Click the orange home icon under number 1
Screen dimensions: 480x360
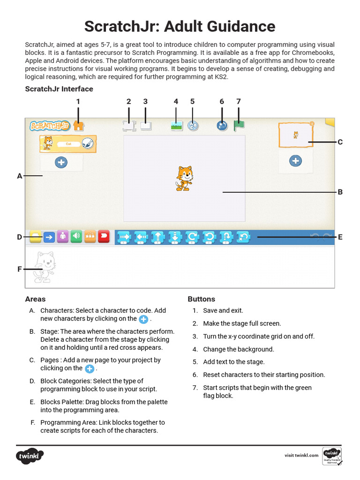79,126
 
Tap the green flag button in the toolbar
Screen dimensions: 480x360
239,125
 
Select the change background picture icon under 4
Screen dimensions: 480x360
176,125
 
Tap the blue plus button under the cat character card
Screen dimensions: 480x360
61,162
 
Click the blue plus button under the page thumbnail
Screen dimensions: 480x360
295,161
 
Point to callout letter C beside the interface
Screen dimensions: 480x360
340,142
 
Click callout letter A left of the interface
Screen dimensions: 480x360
20,176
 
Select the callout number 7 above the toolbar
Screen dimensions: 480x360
238,101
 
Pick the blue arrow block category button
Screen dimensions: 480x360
49,237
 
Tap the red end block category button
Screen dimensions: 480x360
104,237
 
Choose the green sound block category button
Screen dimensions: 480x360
76,237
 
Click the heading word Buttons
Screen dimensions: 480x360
201,299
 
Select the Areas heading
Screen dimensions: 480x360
35,299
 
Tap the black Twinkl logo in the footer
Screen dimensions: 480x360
30,456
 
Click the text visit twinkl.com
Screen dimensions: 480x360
301,455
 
